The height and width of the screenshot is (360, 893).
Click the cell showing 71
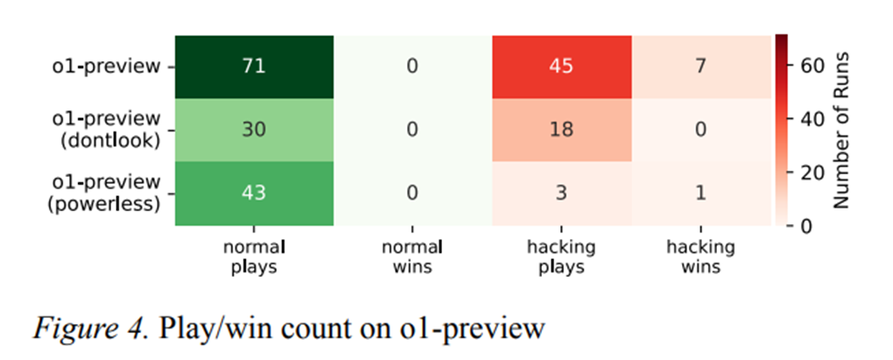click(x=254, y=67)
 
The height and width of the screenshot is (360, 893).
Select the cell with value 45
click(x=561, y=67)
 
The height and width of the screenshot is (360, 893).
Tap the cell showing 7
click(x=701, y=67)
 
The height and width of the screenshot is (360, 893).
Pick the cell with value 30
click(x=254, y=131)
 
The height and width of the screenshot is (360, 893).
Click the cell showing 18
click(x=561, y=131)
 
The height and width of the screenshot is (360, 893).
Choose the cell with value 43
click(x=254, y=194)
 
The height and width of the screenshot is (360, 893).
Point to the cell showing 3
click(x=561, y=194)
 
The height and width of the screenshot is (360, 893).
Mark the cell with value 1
click(x=701, y=194)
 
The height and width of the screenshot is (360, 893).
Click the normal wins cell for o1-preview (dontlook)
click(x=413, y=131)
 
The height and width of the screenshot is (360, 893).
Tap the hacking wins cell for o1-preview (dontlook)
click(x=701, y=131)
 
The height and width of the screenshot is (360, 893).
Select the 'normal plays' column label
click(x=254, y=257)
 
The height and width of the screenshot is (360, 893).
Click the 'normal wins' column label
click(x=411, y=257)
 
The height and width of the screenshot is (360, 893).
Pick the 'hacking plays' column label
click(x=561, y=257)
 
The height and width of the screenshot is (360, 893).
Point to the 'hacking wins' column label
click(x=700, y=257)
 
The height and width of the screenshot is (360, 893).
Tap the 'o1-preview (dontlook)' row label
click(x=108, y=130)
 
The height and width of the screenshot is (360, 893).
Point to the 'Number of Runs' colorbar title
click(x=840, y=131)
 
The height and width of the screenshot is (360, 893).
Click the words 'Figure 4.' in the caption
click(x=88, y=328)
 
